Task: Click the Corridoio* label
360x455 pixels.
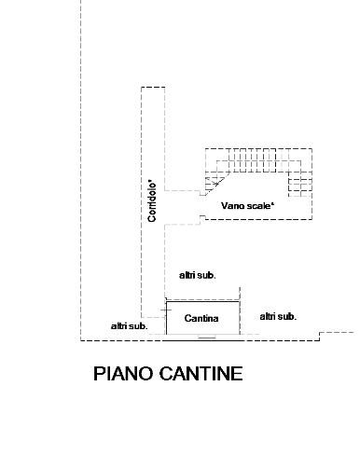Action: coord(152,200)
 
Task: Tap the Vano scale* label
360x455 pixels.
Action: coord(248,206)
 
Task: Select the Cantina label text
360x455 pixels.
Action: coord(201,318)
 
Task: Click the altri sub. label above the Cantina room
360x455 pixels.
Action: coord(198,275)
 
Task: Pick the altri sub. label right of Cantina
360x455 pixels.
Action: coord(278,317)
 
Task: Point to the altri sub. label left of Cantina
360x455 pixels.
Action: coord(130,326)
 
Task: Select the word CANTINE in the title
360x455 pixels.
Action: coord(201,373)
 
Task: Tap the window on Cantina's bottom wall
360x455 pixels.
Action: coord(207,337)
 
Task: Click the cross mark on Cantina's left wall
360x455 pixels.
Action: coord(166,310)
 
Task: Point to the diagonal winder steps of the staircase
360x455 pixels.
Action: coord(215,183)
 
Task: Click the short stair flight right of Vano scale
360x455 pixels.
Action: coord(300,185)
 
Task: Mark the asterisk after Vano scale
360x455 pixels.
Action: coord(273,203)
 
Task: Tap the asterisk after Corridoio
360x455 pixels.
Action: coord(150,181)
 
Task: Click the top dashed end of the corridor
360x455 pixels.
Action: coord(153,88)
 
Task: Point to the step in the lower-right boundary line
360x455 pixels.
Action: coord(320,337)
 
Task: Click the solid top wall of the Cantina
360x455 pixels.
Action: coord(202,301)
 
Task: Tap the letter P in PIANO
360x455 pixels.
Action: coord(98,373)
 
